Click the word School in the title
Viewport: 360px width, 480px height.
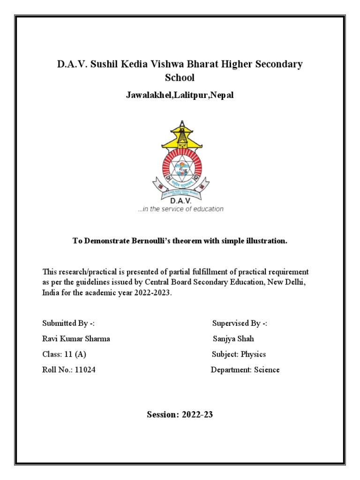click(180, 78)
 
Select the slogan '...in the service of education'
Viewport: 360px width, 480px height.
click(180, 209)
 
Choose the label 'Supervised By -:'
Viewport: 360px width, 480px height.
click(240, 324)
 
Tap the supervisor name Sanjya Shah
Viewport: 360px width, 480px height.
click(233, 339)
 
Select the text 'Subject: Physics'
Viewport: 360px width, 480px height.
click(239, 354)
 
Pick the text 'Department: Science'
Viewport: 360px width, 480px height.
click(245, 370)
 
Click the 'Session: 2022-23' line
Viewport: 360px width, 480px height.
click(180, 414)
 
